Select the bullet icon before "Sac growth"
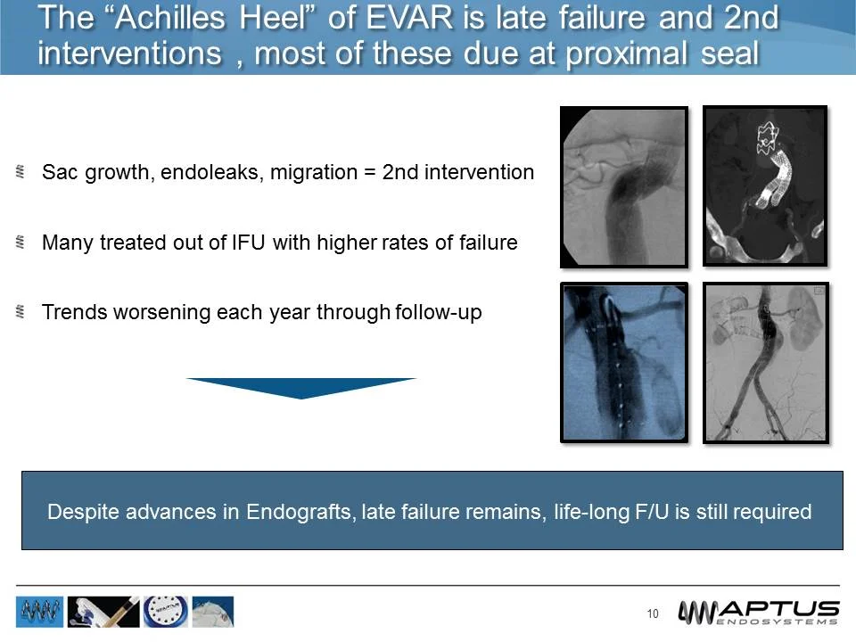(x=21, y=172)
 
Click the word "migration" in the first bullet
(x=312, y=172)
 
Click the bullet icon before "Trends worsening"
(x=21, y=313)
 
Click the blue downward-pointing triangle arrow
(x=300, y=388)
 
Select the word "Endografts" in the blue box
(x=300, y=512)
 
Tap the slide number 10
(x=653, y=613)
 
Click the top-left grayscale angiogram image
(x=623, y=187)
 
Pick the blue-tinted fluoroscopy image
(x=623, y=363)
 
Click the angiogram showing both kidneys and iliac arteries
(x=766, y=363)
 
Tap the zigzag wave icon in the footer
(x=40, y=613)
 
